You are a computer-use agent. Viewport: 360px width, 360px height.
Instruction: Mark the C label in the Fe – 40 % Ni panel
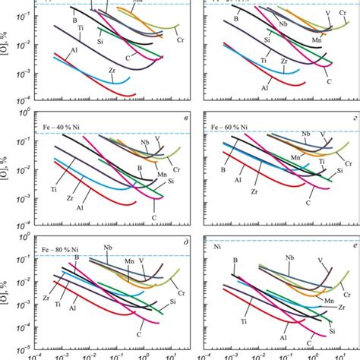tap(154, 217)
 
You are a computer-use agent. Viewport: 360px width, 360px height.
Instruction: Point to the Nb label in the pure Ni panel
tap(289, 258)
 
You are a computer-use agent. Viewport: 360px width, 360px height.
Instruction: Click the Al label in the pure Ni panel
tap(263, 334)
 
